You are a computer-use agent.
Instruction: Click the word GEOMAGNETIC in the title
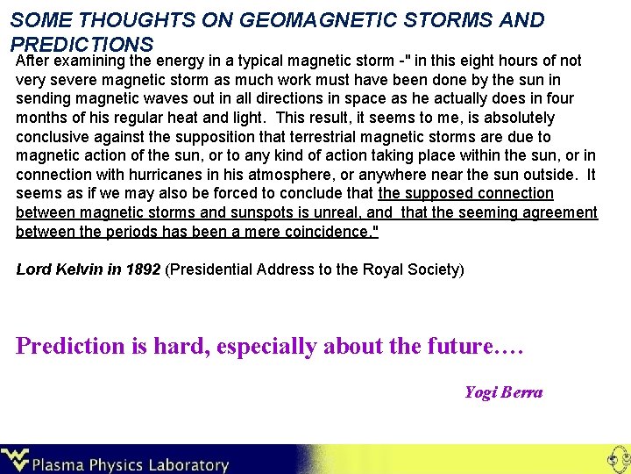coord(298,19)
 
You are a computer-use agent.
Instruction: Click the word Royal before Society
coord(379,269)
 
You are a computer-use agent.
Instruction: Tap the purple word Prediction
coord(71,346)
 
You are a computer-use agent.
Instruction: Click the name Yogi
coord(480,392)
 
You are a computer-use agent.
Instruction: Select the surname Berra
coord(522,392)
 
